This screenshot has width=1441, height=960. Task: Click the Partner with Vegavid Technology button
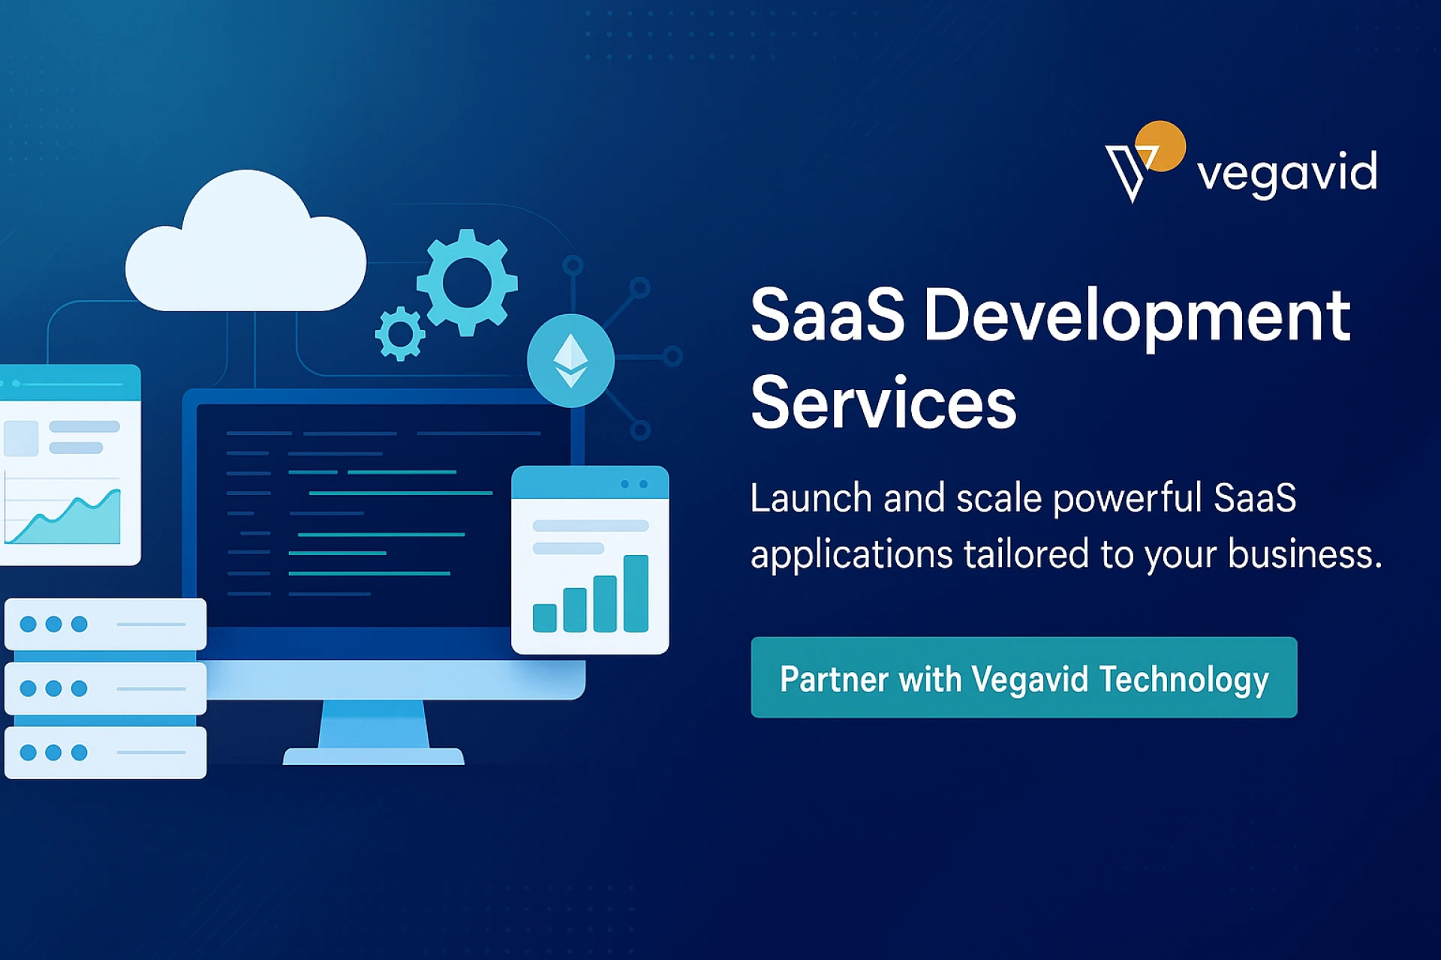click(1024, 677)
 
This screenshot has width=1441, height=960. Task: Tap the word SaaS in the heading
click(828, 316)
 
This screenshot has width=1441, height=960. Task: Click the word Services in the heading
click(883, 403)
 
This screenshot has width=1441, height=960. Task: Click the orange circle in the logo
click(1160, 145)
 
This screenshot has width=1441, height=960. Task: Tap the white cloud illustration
click(245, 241)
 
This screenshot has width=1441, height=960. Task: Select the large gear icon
click(467, 283)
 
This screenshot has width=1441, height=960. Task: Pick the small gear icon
click(400, 333)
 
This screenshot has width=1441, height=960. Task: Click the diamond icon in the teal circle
click(570, 360)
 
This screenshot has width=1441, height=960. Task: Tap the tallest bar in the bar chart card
click(636, 593)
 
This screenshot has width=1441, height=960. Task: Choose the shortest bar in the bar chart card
click(544, 617)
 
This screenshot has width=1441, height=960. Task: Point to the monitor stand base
click(373, 756)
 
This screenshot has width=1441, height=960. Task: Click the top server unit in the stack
click(105, 624)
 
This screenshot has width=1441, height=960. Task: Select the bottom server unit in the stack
click(105, 752)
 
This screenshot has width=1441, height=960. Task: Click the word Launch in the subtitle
click(811, 498)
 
